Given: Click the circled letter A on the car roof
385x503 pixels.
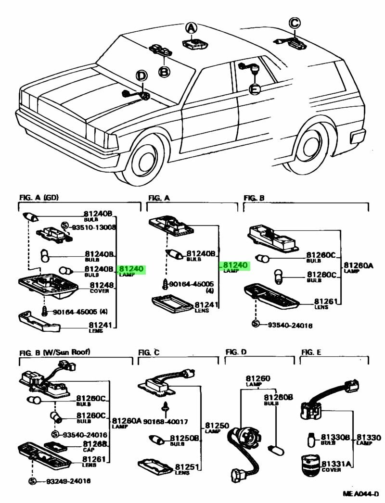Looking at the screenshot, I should click(192, 28).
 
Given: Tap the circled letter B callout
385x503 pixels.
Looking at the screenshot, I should click(164, 72).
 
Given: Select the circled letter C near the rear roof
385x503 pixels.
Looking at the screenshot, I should click(295, 22).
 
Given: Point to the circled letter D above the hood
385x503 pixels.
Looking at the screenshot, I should click(141, 76).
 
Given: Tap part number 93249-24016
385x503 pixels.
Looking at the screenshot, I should click(68, 481).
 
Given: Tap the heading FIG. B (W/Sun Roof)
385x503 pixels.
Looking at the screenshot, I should click(54, 352).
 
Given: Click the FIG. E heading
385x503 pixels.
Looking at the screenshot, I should click(311, 352).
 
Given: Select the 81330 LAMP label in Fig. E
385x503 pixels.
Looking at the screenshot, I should click(369, 438).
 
